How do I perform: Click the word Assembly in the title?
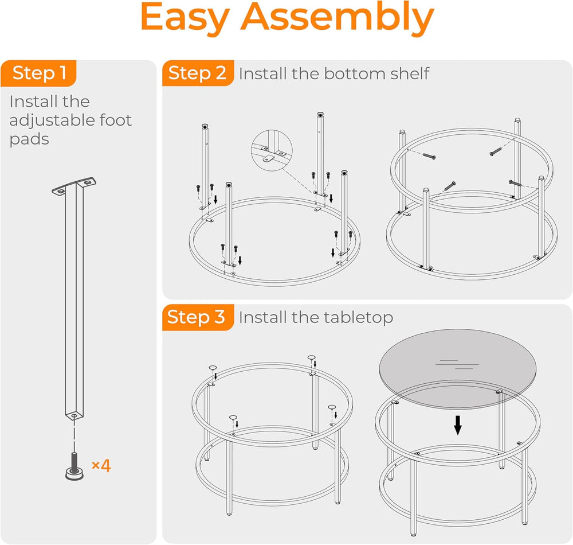(x=337, y=19)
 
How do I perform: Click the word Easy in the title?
(x=185, y=19)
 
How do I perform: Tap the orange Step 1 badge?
(x=38, y=73)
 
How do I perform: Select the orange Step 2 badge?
(x=198, y=73)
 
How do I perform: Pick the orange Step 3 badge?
(x=198, y=317)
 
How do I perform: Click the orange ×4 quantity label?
(x=101, y=466)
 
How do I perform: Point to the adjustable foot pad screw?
(x=74, y=466)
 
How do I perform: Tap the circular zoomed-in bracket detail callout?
(x=272, y=150)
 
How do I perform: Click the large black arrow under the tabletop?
(x=457, y=425)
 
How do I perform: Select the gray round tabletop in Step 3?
(x=457, y=369)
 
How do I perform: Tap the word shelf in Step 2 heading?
(x=410, y=73)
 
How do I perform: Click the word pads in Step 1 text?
(x=29, y=140)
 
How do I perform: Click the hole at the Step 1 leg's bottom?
(x=74, y=416)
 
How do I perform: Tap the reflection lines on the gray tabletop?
(x=457, y=364)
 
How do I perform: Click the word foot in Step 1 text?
(x=116, y=120)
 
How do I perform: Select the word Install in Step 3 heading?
(x=263, y=317)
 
